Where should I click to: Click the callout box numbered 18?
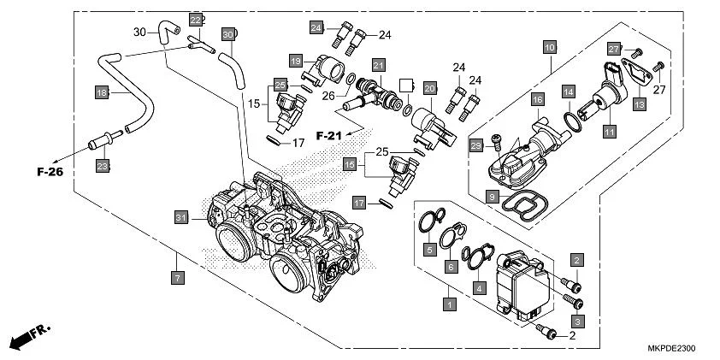pyautogui.click(x=101, y=92)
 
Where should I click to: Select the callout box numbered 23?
pyautogui.click(x=103, y=166)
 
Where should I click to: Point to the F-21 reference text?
pyautogui.click(x=330, y=135)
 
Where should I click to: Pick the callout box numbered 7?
pyautogui.click(x=177, y=278)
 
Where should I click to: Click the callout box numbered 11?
pyautogui.click(x=609, y=133)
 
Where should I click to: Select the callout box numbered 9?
pyautogui.click(x=493, y=197)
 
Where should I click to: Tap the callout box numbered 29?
pyautogui.click(x=477, y=147)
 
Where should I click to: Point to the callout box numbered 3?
pyautogui.click(x=578, y=321)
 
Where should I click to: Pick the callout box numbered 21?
pyautogui.click(x=378, y=64)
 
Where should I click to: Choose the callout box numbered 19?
pyautogui.click(x=295, y=61)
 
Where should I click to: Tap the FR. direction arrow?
pyautogui.click(x=29, y=337)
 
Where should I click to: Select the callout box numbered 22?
pyautogui.click(x=196, y=21)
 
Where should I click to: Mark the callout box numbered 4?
pyautogui.click(x=481, y=289)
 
